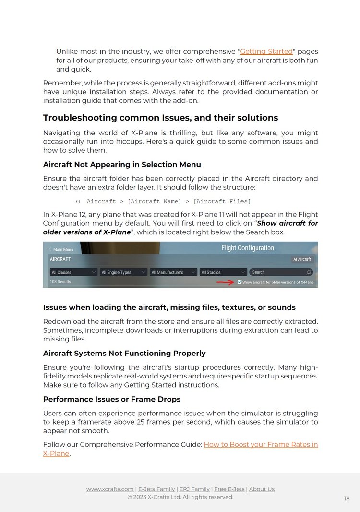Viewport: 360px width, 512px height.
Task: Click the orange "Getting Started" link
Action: (x=266, y=51)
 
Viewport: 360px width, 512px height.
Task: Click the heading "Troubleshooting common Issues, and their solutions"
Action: (x=160, y=118)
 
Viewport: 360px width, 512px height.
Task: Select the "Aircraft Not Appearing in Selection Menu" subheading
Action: (x=122, y=165)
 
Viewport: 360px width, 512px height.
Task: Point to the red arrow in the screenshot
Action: (x=225, y=282)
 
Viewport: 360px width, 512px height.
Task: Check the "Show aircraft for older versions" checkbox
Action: (x=240, y=282)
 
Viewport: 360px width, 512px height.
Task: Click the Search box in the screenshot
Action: (x=281, y=272)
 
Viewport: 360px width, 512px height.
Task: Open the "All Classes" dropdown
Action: (x=73, y=272)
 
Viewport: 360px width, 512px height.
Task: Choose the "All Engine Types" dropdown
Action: (x=123, y=272)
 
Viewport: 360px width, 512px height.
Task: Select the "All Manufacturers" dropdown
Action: (x=173, y=272)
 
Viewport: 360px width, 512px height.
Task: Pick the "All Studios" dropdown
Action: (x=223, y=272)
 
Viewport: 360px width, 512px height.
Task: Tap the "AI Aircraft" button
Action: (x=302, y=259)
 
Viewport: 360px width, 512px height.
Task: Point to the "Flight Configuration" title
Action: (x=248, y=248)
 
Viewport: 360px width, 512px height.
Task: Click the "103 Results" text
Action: (x=60, y=282)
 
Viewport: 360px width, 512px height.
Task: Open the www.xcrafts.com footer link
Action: (x=110, y=489)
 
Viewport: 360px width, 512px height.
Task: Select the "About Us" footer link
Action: (x=262, y=489)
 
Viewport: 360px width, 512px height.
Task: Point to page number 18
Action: (x=347, y=499)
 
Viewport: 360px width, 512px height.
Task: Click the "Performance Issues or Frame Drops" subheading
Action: (x=111, y=399)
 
